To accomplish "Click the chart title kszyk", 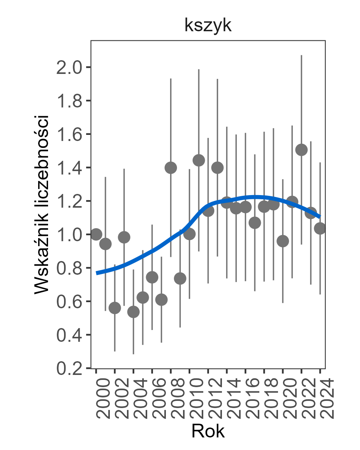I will coord(208,26).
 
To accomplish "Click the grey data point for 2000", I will coord(96,234).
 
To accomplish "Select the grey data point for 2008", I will coord(170,168).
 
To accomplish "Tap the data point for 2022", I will coord(301,150).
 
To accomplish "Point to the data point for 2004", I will coord(133,312).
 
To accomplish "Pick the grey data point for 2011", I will coord(199,160).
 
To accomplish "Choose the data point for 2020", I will coord(283,241).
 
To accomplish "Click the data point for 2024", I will coord(320,229).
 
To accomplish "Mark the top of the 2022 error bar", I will coord(301,56).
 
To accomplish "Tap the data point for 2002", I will coord(115,308).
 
